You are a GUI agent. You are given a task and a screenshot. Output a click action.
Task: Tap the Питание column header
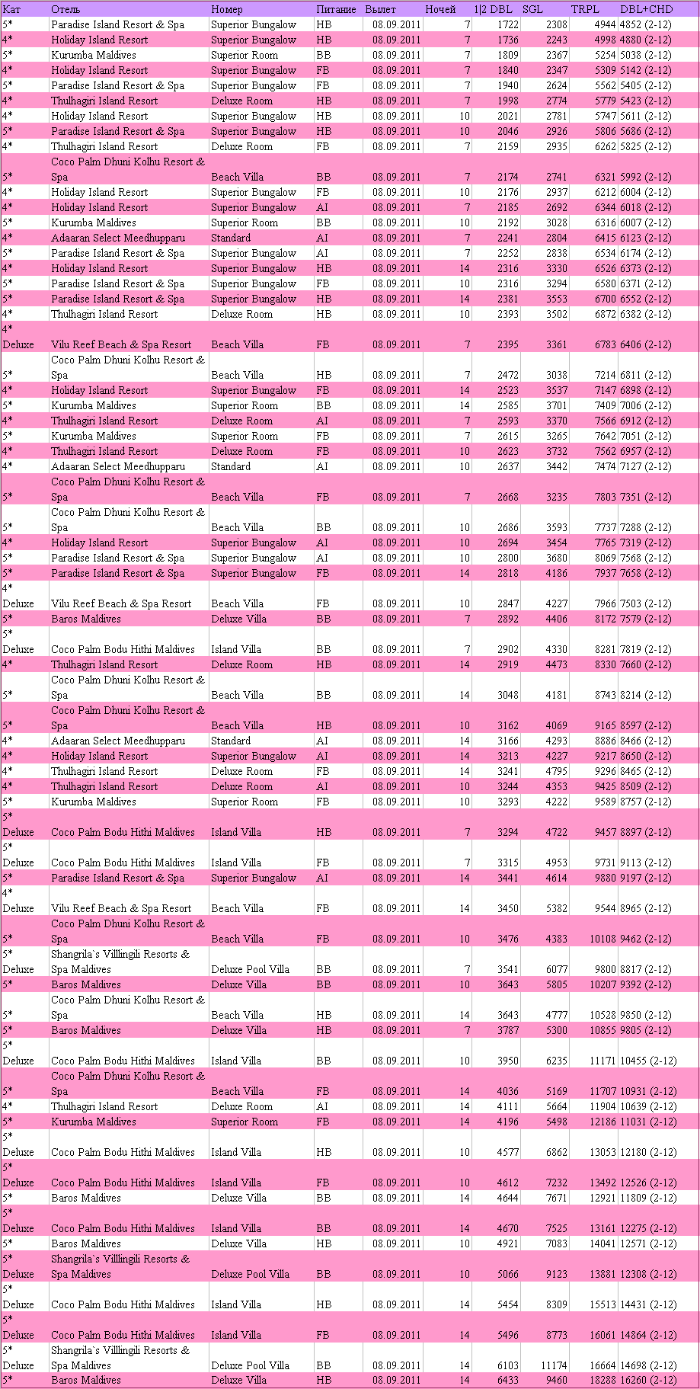click(336, 9)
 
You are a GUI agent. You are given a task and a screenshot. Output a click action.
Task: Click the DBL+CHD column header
click(646, 9)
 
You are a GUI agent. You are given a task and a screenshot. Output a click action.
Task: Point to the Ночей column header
click(440, 9)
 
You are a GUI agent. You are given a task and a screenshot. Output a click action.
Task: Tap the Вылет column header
click(380, 9)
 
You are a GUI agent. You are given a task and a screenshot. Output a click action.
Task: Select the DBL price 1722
click(507, 24)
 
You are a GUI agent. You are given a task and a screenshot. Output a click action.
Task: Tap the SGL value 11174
click(554, 1365)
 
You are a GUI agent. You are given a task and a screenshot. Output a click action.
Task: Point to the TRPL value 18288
click(600, 1380)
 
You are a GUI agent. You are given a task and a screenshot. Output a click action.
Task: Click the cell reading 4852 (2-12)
click(645, 24)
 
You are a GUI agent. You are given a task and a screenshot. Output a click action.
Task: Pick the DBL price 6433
click(507, 1380)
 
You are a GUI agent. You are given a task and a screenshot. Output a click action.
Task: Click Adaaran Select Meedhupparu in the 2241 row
click(118, 238)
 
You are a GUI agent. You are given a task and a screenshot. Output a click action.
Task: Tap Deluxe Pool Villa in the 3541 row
click(250, 969)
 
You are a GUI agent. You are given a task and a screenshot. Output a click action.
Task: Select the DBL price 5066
click(507, 1274)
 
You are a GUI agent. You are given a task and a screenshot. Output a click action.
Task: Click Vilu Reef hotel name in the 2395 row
click(121, 344)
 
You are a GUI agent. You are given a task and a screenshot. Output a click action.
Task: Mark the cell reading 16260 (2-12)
click(648, 1380)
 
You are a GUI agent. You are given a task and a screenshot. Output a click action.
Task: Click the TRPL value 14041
click(600, 1243)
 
